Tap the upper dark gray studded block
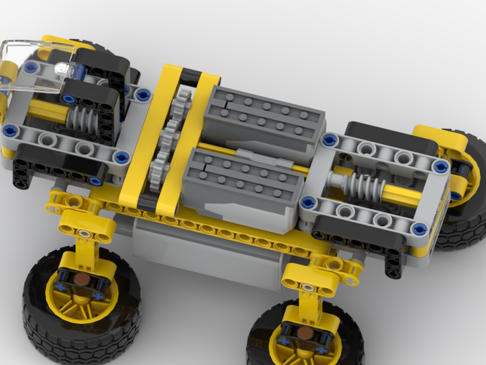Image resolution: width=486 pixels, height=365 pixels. (262, 117)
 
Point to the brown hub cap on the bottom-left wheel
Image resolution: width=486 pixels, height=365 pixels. (83, 279)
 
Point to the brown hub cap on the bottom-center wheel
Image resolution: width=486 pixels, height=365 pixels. (305, 332)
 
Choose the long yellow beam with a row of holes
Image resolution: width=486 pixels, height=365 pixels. (219, 229)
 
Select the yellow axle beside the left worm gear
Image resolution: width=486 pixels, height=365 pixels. (49, 113)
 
